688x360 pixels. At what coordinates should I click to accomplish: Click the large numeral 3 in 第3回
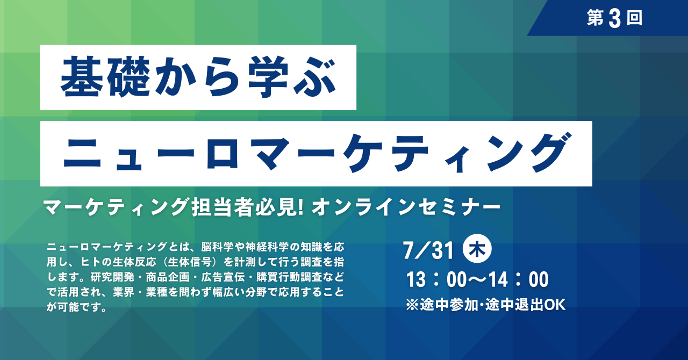pyautogui.click(x=614, y=18)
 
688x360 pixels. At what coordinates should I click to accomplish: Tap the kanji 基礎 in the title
pyautogui.click(x=105, y=77)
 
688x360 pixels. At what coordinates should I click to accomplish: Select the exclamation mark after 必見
pyautogui.click(x=302, y=207)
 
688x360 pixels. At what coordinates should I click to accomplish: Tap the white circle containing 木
pyautogui.click(x=477, y=249)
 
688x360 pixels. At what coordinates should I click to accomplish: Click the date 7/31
pyautogui.click(x=428, y=250)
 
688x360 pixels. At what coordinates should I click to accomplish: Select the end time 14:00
pyautogui.click(x=519, y=279)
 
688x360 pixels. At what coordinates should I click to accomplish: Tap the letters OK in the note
pyautogui.click(x=555, y=305)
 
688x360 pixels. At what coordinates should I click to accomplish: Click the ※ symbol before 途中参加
pyautogui.click(x=412, y=305)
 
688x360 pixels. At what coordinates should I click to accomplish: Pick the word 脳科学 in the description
pyautogui.click(x=217, y=247)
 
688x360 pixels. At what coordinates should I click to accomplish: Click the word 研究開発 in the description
pyautogui.click(x=112, y=277)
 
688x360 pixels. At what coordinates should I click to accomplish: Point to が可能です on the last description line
pyautogui.click(x=76, y=307)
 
